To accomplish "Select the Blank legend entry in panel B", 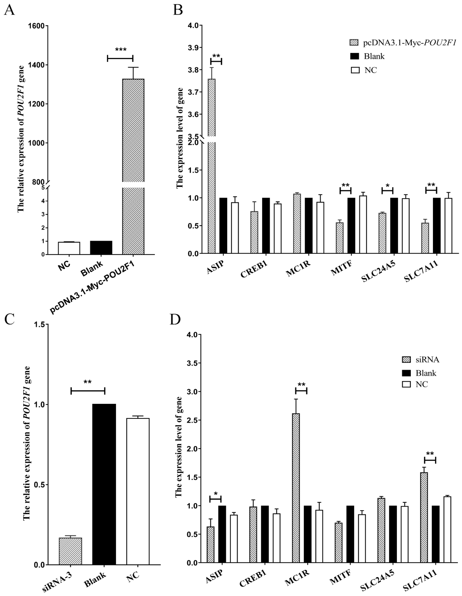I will [374, 56].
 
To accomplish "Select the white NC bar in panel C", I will [138, 491].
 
